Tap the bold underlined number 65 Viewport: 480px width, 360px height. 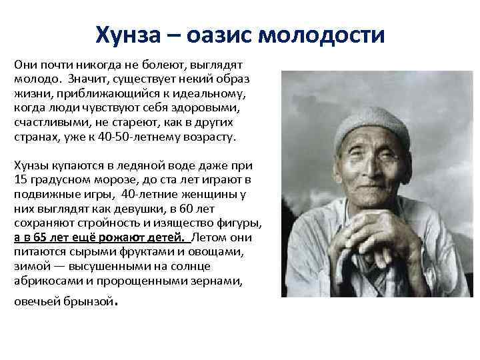click(42, 237)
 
